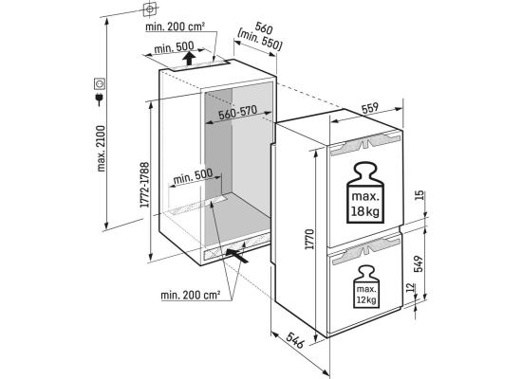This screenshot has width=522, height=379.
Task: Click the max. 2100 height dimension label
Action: click(x=101, y=148)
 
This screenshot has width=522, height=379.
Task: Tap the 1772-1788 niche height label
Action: click(x=144, y=185)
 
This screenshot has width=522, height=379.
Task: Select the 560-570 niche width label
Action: click(x=237, y=113)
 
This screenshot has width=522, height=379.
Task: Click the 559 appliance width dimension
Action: click(x=370, y=108)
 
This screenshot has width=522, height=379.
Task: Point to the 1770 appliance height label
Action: click(x=310, y=239)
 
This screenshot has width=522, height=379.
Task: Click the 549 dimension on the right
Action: click(x=419, y=263)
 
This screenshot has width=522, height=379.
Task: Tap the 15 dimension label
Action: click(x=419, y=195)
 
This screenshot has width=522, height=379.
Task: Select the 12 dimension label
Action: click(x=411, y=287)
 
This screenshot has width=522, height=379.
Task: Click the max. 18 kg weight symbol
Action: click(x=365, y=192)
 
